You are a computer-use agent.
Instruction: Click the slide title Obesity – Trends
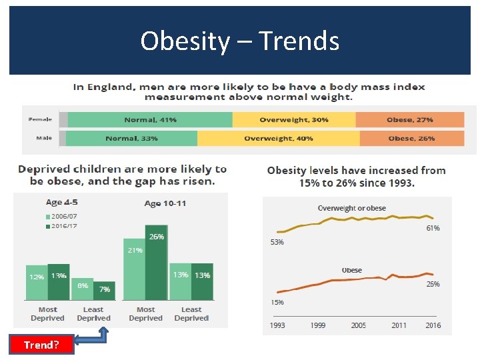pyautogui.click(x=240, y=41)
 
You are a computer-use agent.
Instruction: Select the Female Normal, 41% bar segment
pyautogui.click(x=150, y=120)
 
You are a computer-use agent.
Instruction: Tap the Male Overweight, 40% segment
pyautogui.click(x=278, y=139)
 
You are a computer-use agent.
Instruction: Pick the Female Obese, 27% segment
pyautogui.click(x=409, y=120)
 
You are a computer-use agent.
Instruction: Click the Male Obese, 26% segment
pyautogui.click(x=411, y=139)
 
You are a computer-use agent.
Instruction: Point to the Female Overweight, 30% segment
pyautogui.click(x=293, y=120)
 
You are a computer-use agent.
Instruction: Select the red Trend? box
pyautogui.click(x=41, y=345)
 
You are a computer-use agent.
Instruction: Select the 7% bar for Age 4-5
pyautogui.click(x=104, y=291)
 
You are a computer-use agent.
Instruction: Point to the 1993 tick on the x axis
pyautogui.click(x=277, y=325)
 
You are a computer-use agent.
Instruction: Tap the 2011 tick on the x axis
pyautogui.click(x=399, y=325)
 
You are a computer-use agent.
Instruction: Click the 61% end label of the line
pyautogui.click(x=433, y=228)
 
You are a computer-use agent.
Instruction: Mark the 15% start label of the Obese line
pyautogui.click(x=277, y=302)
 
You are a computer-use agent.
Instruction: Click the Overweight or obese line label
pyautogui.click(x=351, y=209)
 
